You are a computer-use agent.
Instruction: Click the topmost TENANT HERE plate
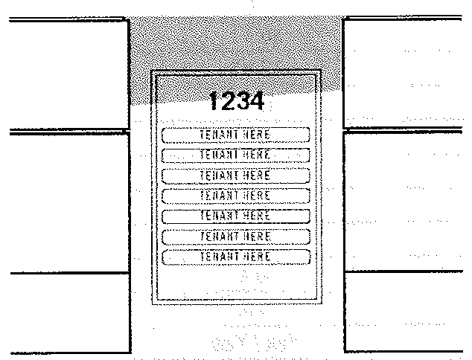point(235,134)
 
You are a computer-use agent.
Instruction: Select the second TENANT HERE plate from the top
point(235,154)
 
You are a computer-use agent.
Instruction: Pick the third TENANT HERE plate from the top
point(235,175)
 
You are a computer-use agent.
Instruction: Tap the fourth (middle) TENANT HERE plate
point(235,195)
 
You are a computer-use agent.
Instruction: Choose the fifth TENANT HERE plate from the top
point(235,215)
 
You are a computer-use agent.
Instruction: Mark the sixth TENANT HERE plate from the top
point(235,236)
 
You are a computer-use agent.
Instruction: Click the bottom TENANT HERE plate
point(235,256)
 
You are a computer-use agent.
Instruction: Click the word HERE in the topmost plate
point(256,134)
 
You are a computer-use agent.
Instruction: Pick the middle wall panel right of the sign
point(406,201)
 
